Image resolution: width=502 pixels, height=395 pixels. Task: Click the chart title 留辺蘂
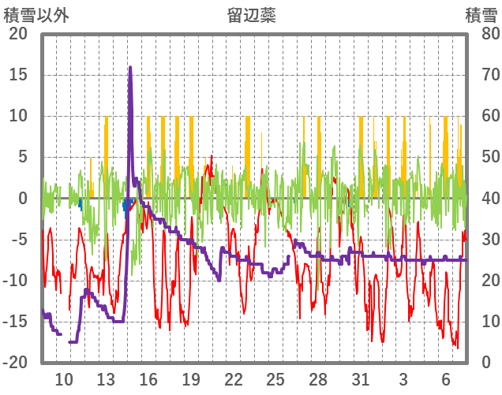tap(251, 16)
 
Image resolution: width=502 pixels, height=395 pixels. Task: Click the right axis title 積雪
tap(481, 16)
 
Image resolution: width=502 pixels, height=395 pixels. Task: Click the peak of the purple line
tap(130, 68)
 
